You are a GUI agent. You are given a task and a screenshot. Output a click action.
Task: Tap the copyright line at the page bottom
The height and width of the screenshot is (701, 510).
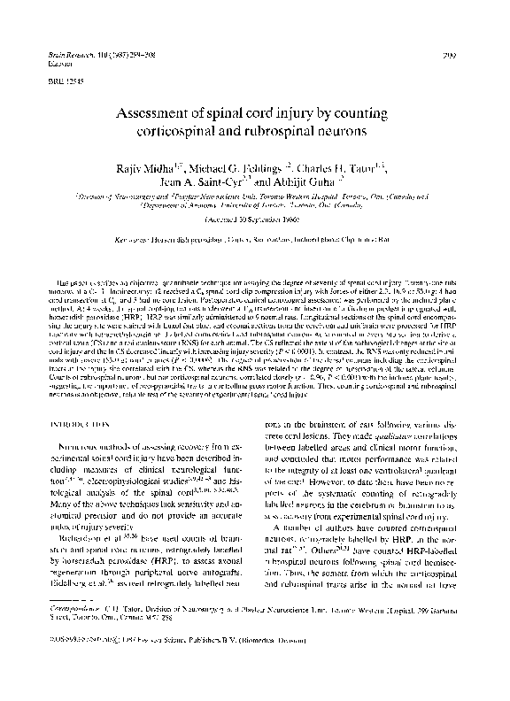(x=168, y=664)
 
